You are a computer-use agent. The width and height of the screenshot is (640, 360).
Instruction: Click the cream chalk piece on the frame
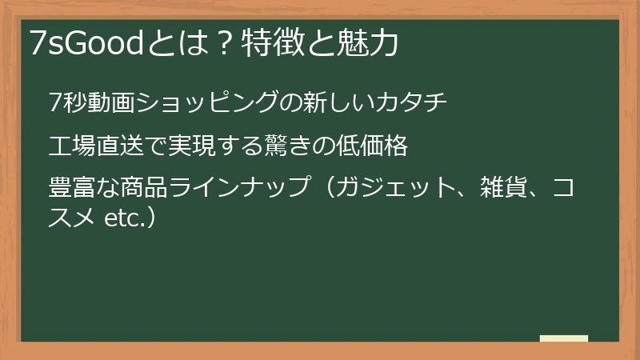pos(563,338)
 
